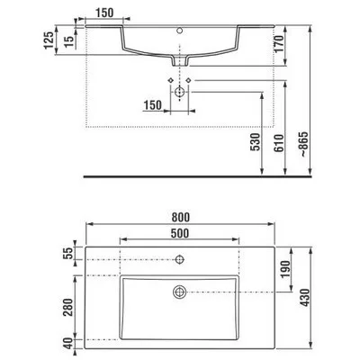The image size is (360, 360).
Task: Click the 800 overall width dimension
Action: click(183, 217)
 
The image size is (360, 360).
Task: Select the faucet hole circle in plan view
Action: click(181, 261)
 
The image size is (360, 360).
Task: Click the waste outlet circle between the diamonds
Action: click(181, 91)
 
